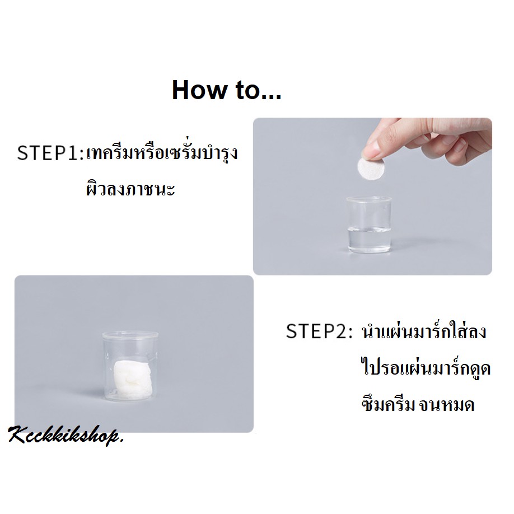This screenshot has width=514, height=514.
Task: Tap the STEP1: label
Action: tap(50, 153)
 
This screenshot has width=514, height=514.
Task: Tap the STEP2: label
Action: tap(319, 331)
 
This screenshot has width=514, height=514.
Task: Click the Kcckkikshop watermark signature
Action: tap(66, 436)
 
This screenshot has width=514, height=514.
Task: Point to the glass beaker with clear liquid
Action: tap(369, 225)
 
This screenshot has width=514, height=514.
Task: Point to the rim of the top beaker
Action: tap(369, 199)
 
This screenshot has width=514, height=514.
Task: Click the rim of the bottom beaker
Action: tap(130, 335)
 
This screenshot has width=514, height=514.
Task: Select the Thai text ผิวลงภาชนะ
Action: tap(130, 189)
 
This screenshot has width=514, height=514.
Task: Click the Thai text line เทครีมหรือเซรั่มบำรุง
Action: tap(162, 153)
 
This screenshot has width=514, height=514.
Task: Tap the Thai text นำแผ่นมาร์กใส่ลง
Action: tap(424, 331)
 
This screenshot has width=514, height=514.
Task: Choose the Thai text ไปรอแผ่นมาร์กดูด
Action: tap(426, 367)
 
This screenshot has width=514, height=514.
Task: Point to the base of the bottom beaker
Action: tap(130, 398)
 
